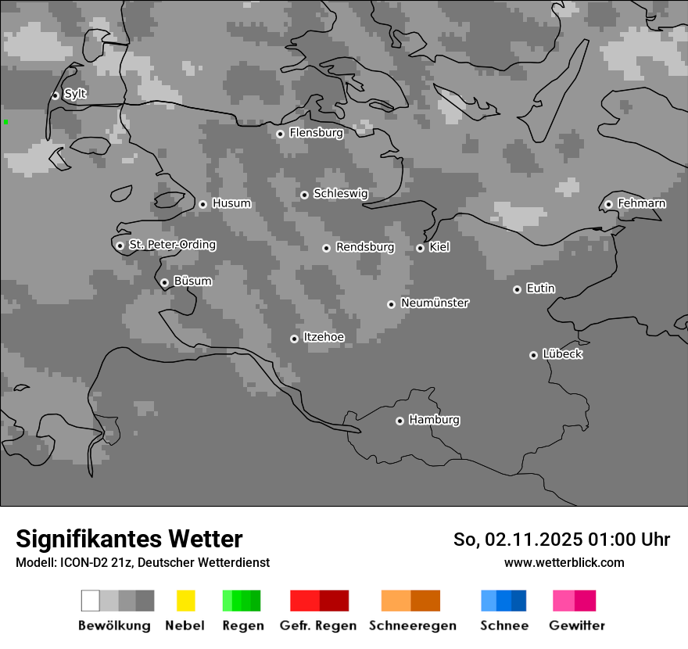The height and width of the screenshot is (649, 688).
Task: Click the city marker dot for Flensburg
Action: coord(280,134)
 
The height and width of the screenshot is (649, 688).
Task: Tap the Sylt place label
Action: coord(75,94)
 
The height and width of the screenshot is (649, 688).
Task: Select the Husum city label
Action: coord(231,203)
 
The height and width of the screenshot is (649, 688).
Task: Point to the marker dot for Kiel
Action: coord(420,248)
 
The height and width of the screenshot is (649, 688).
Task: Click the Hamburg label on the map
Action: coord(434,420)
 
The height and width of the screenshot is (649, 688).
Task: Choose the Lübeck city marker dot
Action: coord(533,355)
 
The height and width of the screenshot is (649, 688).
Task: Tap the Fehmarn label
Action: coord(641,203)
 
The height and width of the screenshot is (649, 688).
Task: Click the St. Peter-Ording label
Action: coord(172,245)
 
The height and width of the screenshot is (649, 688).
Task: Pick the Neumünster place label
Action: coord(435,303)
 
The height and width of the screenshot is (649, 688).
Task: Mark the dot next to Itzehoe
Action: coord(294,339)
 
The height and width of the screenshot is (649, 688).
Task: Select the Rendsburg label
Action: coord(365,247)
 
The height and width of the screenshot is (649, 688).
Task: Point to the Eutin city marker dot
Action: coord(517,289)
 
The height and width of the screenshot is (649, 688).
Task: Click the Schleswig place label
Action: coord(340,193)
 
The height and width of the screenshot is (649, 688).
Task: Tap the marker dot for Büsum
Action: coord(164,282)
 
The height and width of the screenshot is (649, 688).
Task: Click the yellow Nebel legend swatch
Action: coord(186,601)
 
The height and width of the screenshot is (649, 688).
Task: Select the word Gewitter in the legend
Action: coord(577,626)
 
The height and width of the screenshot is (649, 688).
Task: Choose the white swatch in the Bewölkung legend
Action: coord(91,601)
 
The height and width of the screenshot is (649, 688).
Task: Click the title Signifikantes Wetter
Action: coord(129,539)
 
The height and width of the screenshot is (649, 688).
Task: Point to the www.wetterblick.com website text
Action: coord(564,562)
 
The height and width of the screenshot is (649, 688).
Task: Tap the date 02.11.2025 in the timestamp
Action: coord(533,540)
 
